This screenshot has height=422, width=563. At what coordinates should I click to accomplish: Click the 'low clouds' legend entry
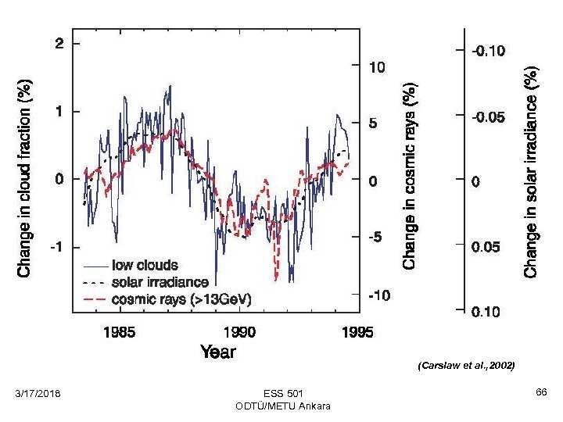tap(145, 266)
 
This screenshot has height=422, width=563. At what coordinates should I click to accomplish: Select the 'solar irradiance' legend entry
tap(160, 282)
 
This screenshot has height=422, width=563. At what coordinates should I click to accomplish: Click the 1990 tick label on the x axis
tap(239, 332)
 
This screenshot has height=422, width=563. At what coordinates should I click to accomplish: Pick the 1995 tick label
tap(357, 332)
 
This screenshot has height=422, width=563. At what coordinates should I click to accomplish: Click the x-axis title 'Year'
tap(217, 351)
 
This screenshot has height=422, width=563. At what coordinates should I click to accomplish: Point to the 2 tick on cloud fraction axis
tap(59, 44)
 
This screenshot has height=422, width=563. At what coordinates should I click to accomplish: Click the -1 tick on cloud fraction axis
tap(57, 247)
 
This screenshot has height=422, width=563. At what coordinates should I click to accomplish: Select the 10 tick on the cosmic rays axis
tap(377, 67)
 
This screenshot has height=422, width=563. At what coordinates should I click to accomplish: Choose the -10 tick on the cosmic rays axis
tap(379, 295)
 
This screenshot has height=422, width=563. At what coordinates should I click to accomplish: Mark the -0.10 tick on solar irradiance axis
tap(487, 52)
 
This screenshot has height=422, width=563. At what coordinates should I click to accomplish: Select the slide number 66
tap(540, 390)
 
